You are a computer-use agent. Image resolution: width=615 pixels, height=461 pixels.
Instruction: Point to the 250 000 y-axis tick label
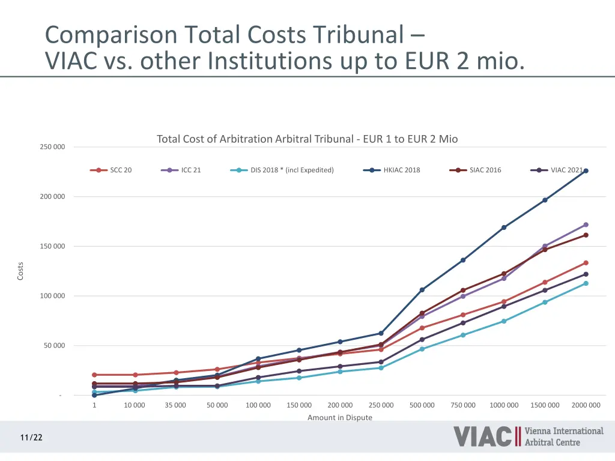52,147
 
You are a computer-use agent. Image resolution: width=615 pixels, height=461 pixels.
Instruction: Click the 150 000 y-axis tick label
52,247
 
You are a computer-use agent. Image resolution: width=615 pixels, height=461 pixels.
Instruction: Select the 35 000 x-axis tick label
175,405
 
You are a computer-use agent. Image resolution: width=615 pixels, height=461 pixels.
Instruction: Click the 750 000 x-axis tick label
463,405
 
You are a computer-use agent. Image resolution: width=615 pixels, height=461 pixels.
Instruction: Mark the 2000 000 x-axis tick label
586,405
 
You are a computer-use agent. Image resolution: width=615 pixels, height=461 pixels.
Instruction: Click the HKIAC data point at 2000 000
586,171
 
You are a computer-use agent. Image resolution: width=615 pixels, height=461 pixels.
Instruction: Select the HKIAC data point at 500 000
422,290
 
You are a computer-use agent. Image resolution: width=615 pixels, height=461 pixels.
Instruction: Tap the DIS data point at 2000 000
586,283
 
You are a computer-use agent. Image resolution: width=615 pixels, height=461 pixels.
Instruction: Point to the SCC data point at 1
94,375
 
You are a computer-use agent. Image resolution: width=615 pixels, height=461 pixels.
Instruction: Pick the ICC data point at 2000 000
586,225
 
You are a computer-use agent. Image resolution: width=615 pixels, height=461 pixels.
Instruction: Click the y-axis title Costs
20,271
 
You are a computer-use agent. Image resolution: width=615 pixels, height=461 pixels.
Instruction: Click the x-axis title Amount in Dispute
340,418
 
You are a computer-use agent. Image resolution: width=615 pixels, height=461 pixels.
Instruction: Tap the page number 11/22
31,438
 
